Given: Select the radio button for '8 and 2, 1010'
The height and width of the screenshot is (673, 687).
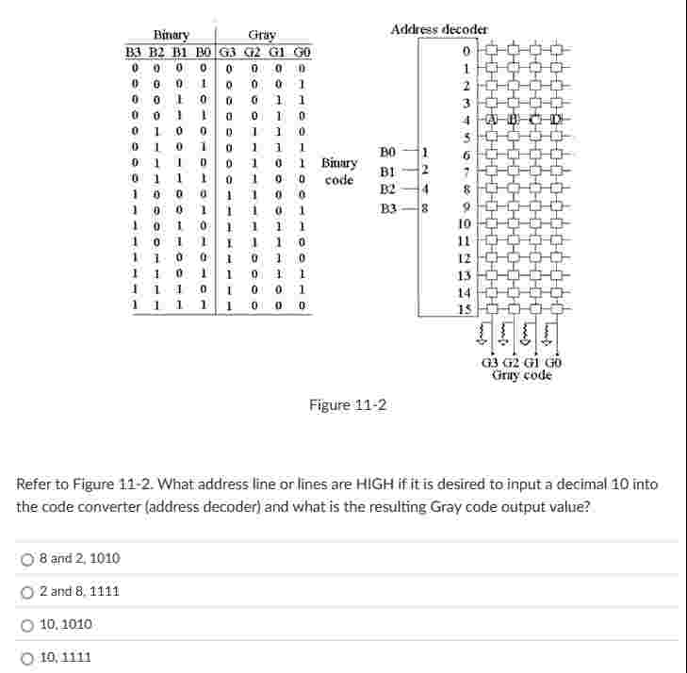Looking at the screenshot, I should point(28,559).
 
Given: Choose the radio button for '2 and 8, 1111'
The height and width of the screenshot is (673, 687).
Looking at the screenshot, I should point(28,592).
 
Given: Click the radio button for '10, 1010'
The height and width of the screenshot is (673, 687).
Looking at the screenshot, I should point(28,625).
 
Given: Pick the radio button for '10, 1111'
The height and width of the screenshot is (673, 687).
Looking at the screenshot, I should point(28,657).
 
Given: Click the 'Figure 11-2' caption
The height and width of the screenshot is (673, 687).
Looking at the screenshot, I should point(348,405).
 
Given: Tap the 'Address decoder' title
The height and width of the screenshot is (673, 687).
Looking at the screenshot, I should point(439,29).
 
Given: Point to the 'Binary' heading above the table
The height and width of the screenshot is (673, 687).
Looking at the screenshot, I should point(172,35).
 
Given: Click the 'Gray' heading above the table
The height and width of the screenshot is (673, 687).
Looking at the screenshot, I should point(261,35).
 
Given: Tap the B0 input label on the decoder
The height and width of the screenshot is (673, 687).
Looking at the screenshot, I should point(388,152).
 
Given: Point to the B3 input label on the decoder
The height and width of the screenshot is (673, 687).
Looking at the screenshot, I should point(388,208).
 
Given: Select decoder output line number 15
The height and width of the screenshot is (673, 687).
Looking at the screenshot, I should point(463,308).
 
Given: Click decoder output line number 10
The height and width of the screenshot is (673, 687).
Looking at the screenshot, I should point(463,223).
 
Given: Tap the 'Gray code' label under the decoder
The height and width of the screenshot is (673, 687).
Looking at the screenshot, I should point(521,375).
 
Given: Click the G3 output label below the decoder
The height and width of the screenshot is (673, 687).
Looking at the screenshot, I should point(490,363).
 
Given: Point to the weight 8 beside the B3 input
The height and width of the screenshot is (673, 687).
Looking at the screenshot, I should point(426,208).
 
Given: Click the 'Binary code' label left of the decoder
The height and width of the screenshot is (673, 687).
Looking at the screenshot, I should point(339,171).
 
